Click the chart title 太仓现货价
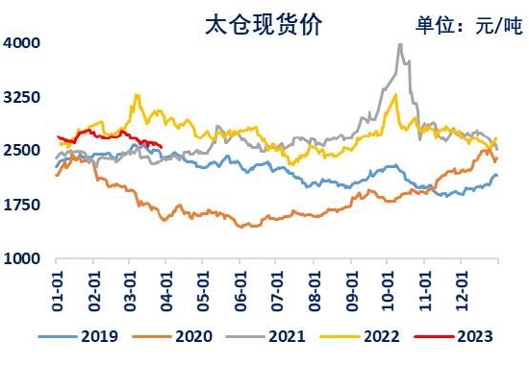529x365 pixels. point(264,24)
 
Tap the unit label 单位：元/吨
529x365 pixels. point(469,25)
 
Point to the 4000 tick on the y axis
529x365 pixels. point(21,43)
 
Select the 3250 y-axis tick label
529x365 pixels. point(21,97)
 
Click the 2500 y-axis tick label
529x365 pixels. point(21,150)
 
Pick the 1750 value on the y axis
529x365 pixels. point(21,205)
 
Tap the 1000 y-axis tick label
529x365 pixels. point(21,258)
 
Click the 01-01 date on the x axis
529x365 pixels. point(58,291)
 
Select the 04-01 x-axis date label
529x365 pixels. point(166,291)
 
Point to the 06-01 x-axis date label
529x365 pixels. point(240,291)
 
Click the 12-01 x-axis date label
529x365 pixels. point(462,291)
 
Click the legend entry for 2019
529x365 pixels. point(78,336)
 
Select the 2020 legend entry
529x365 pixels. point(173,336)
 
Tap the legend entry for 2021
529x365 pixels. point(265,336)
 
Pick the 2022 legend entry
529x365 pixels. point(360,336)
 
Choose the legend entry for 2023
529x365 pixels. point(454,336)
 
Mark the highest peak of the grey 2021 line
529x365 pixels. point(400,44)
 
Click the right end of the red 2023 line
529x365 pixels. point(162,147)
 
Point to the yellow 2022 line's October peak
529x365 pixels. point(395,95)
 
